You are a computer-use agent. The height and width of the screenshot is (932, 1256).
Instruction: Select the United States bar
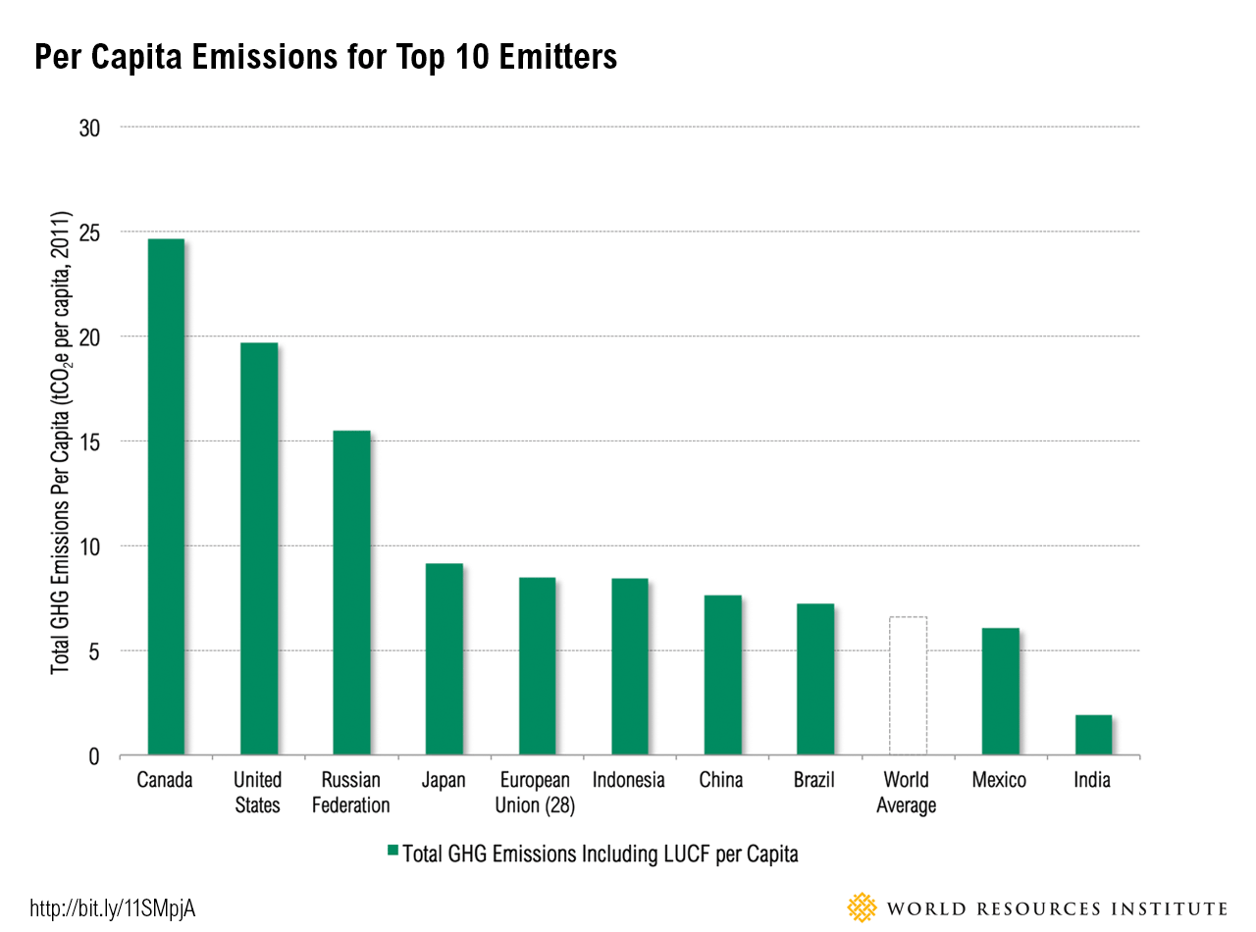(258, 549)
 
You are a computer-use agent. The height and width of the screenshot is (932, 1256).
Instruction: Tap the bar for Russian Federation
(351, 594)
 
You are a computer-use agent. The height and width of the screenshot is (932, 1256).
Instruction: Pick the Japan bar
(444, 659)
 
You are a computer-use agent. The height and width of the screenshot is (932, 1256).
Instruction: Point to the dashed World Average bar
(908, 686)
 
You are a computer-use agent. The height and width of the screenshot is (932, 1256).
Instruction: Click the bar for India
(1093, 736)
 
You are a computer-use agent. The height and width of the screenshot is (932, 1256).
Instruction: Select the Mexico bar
(1000, 692)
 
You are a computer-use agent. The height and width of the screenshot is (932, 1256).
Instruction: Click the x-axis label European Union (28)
(536, 793)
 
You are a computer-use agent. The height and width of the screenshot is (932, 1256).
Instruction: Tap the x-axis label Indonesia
(629, 781)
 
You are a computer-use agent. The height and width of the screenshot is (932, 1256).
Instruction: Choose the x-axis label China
(721, 781)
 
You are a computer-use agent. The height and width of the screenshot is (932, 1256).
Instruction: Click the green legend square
(393, 852)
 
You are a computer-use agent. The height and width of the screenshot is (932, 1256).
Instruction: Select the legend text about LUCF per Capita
(602, 854)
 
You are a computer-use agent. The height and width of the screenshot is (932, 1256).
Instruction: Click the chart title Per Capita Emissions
(326, 58)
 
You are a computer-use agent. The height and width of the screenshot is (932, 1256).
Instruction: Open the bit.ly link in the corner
(114, 908)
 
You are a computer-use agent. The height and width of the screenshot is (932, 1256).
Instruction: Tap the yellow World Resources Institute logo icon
(862, 907)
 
